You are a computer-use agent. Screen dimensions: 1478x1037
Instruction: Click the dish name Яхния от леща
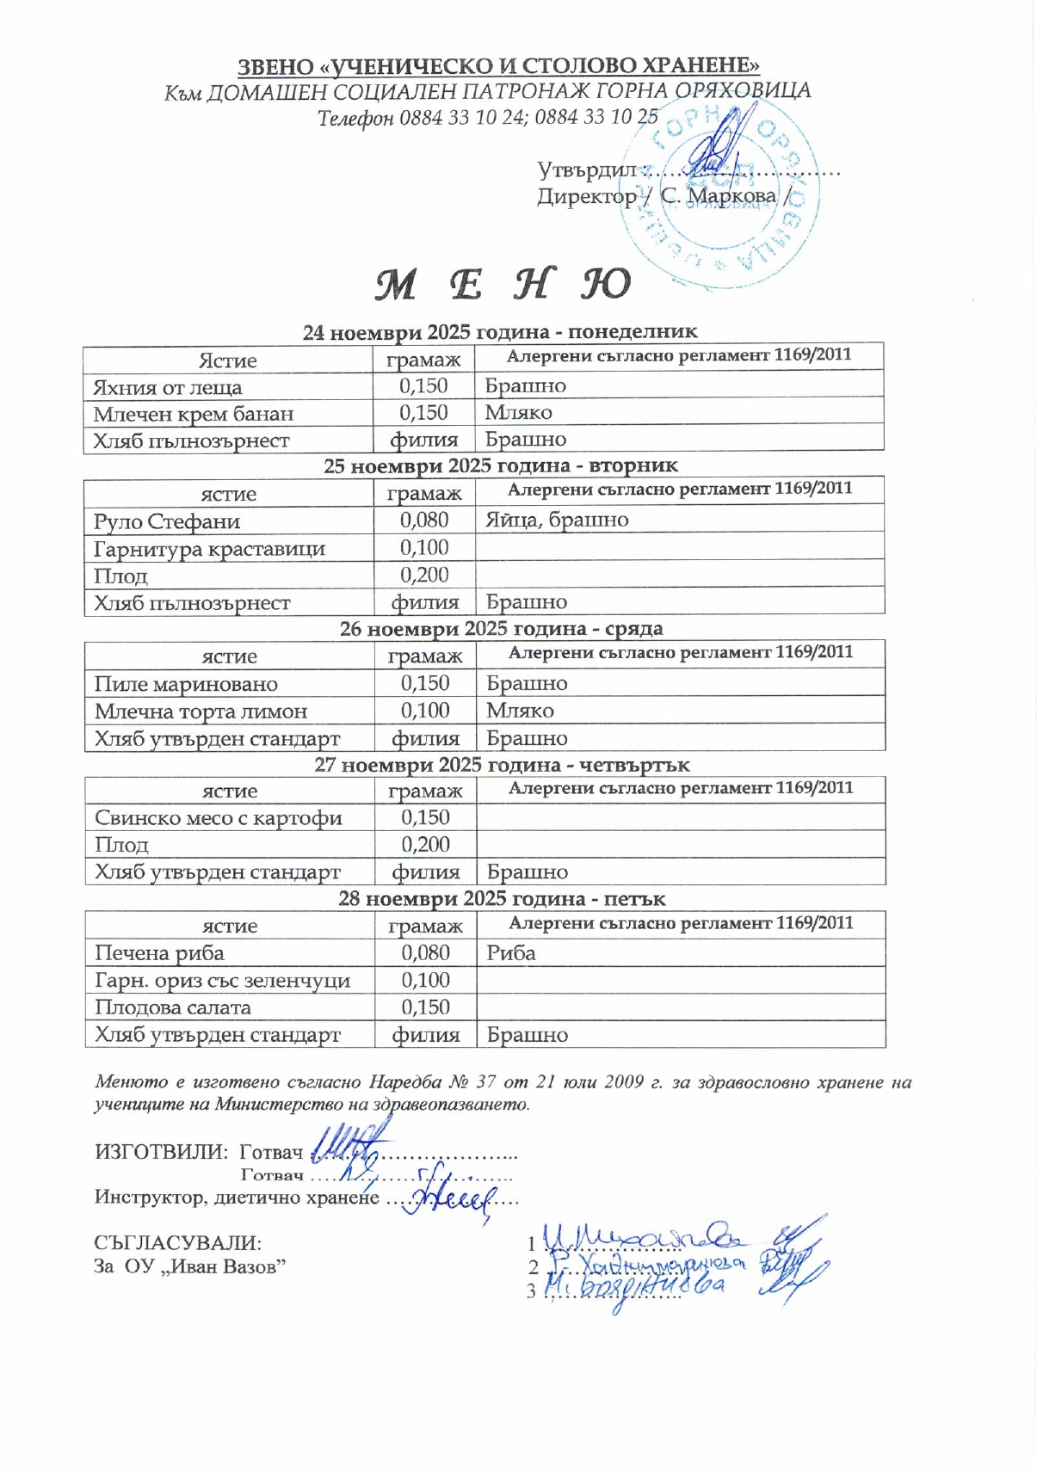pos(168,387)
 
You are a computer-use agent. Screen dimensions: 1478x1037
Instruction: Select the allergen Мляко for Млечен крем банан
pos(518,413)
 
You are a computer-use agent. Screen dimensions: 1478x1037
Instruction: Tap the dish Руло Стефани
pos(167,521)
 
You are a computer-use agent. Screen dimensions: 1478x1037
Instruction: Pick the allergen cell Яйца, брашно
pos(557,520)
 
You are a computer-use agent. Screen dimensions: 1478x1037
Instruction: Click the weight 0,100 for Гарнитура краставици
pos(424,548)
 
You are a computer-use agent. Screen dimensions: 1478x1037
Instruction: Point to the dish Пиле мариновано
pos(186,684)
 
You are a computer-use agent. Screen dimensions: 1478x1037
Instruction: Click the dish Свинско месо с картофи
pos(219,818)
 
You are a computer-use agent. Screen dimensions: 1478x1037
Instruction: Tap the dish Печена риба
pos(159,953)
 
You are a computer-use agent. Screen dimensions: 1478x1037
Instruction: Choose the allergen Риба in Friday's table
pos(511,953)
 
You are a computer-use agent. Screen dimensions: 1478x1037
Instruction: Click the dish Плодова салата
pos(173,1007)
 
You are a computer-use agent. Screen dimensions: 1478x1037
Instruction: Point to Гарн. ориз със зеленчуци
pos(222,981)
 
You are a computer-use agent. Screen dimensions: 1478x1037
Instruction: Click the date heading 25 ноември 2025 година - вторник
pos(500,466)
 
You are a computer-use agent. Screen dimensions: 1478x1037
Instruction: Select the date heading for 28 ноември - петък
pos(502,899)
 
